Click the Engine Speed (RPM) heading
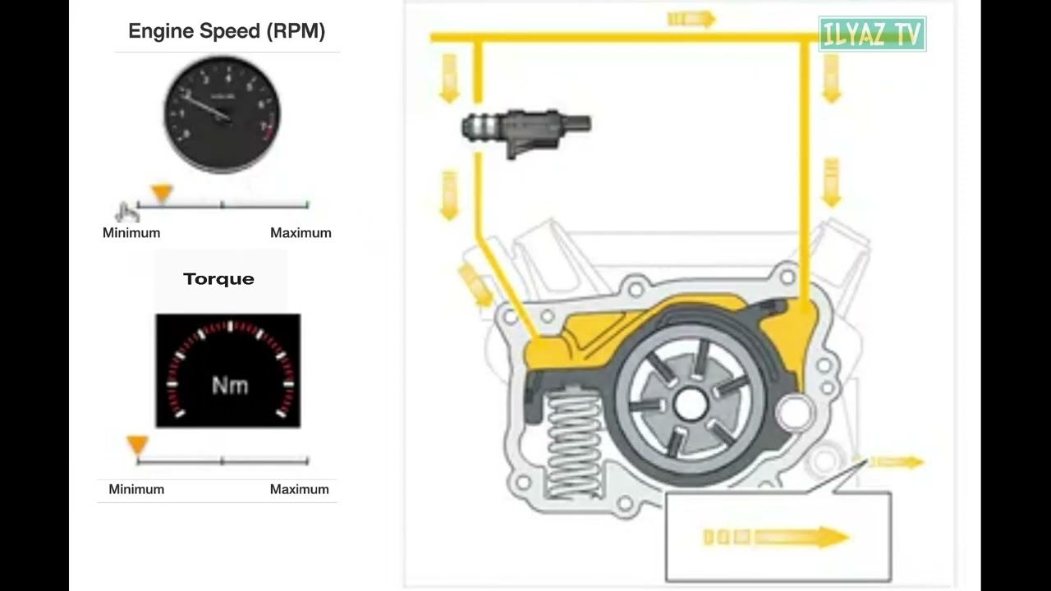tap(227, 31)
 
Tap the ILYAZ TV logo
tap(872, 34)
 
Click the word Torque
tap(218, 279)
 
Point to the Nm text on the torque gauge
tap(230, 386)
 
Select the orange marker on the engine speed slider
tap(162, 193)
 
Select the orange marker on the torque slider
tap(138, 445)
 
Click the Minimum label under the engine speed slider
tap(131, 232)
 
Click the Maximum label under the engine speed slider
tap(301, 232)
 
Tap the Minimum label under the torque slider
tap(136, 489)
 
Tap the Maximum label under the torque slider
tap(300, 489)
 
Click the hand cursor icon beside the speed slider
tap(126, 212)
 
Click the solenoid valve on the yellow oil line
tap(526, 132)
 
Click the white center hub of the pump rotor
tap(691, 404)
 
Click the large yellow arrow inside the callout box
tap(777, 537)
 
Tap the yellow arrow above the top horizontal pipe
tap(691, 19)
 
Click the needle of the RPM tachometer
tap(208, 107)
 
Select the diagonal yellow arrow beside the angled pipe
tap(475, 285)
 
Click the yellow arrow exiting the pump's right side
tap(897, 462)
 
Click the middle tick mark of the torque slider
tap(223, 460)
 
